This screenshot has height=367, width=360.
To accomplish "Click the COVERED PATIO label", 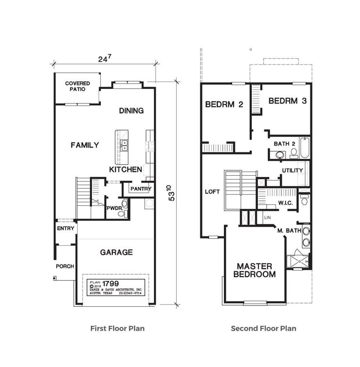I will (x=77, y=86).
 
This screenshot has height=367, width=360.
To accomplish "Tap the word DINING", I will (x=131, y=110).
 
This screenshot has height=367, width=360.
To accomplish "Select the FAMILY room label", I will (x=84, y=145).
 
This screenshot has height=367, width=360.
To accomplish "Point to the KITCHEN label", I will (x=125, y=169).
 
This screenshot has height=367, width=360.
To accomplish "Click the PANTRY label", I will (x=141, y=189).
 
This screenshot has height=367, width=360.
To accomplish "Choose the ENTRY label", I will (x=66, y=228).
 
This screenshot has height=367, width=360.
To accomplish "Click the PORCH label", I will (x=65, y=266).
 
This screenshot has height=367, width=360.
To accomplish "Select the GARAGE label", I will (x=116, y=252).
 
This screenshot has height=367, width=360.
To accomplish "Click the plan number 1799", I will (x=110, y=283).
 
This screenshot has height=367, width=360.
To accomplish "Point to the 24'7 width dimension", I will (x=104, y=59).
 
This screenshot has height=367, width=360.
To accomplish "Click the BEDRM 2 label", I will (x=224, y=104).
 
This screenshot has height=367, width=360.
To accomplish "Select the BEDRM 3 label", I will (x=287, y=101).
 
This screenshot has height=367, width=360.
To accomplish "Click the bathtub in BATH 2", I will (x=305, y=148).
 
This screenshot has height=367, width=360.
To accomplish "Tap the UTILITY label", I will (x=292, y=170).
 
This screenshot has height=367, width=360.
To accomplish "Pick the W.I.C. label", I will (x=285, y=202).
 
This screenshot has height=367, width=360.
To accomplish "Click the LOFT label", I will (x=212, y=192).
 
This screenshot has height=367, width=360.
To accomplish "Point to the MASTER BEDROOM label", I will (x=254, y=270).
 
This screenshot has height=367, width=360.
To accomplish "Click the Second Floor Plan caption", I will (x=263, y=328).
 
